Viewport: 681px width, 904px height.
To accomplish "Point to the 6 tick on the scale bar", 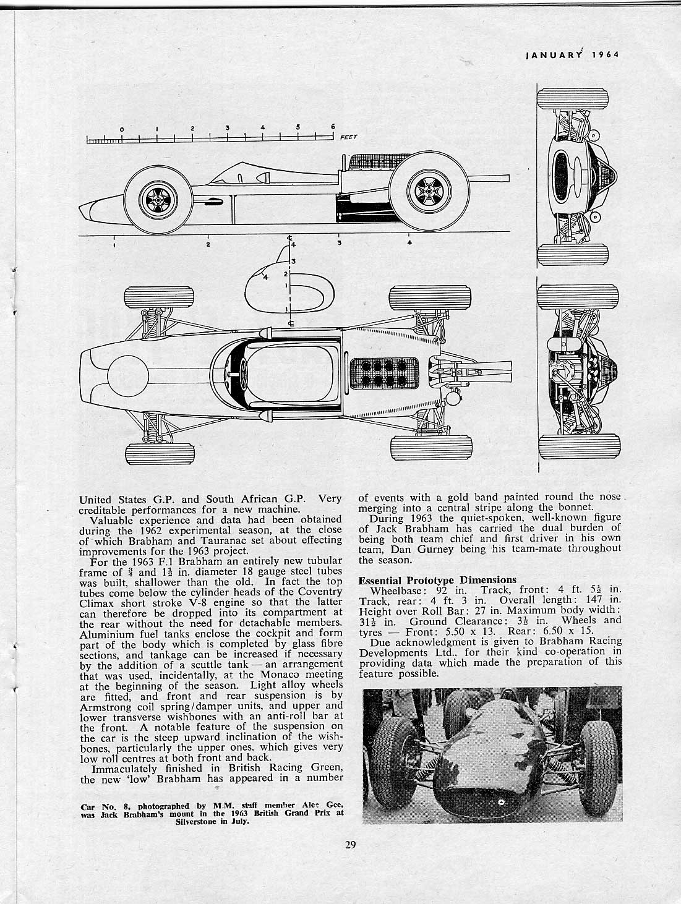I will coord(333,127).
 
